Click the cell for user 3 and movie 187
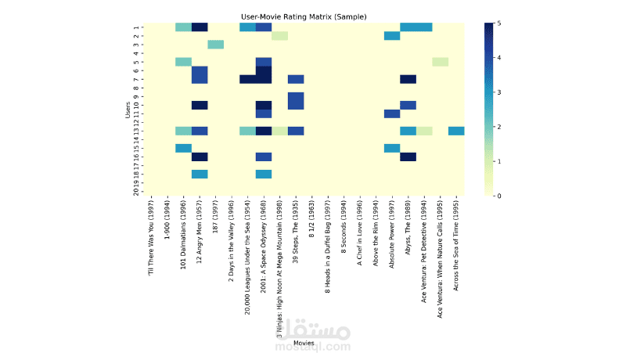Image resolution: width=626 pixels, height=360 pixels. (x=215, y=45)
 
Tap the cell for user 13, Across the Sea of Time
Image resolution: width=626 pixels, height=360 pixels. (x=456, y=131)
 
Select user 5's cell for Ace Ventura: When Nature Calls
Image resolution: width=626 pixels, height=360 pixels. (x=440, y=62)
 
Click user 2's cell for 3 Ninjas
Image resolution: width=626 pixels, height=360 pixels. (x=279, y=36)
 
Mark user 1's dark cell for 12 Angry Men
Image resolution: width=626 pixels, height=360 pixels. (x=200, y=27)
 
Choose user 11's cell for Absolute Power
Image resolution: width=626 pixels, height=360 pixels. (x=392, y=113)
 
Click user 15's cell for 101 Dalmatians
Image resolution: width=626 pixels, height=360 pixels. (x=183, y=148)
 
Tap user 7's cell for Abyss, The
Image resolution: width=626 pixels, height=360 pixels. (x=408, y=79)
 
